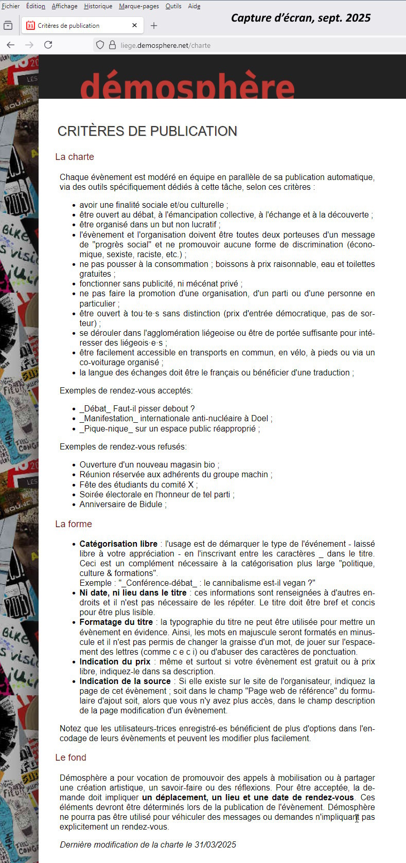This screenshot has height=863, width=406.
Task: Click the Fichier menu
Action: pyautogui.click(x=10, y=6)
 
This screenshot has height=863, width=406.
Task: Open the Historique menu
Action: pyautogui.click(x=98, y=6)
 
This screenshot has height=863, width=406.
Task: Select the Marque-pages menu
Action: pyautogui.click(x=139, y=6)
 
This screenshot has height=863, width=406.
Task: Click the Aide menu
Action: pyautogui.click(x=194, y=6)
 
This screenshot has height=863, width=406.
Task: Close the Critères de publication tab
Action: pyautogui.click(x=134, y=25)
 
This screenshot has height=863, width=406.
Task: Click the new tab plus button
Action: pyautogui.click(x=154, y=25)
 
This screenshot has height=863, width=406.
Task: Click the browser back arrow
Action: pyautogui.click(x=10, y=45)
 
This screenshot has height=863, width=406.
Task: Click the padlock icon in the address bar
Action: pyautogui.click(x=112, y=45)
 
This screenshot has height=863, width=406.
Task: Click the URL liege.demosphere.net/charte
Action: pyautogui.click(x=165, y=45)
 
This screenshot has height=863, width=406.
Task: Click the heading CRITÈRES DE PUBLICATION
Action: pyautogui.click(x=147, y=131)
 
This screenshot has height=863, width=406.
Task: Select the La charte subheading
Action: pyautogui.click(x=75, y=157)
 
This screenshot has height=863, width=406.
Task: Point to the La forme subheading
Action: pyautogui.click(x=74, y=524)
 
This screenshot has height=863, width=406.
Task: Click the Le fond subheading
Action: pyautogui.click(x=70, y=758)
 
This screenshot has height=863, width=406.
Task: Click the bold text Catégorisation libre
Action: pyautogui.click(x=118, y=544)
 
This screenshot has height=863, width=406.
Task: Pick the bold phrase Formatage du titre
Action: pyautogui.click(x=116, y=622)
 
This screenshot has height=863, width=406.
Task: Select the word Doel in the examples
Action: pyautogui.click(x=259, y=419)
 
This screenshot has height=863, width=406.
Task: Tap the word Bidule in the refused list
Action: pyautogui.click(x=150, y=505)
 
